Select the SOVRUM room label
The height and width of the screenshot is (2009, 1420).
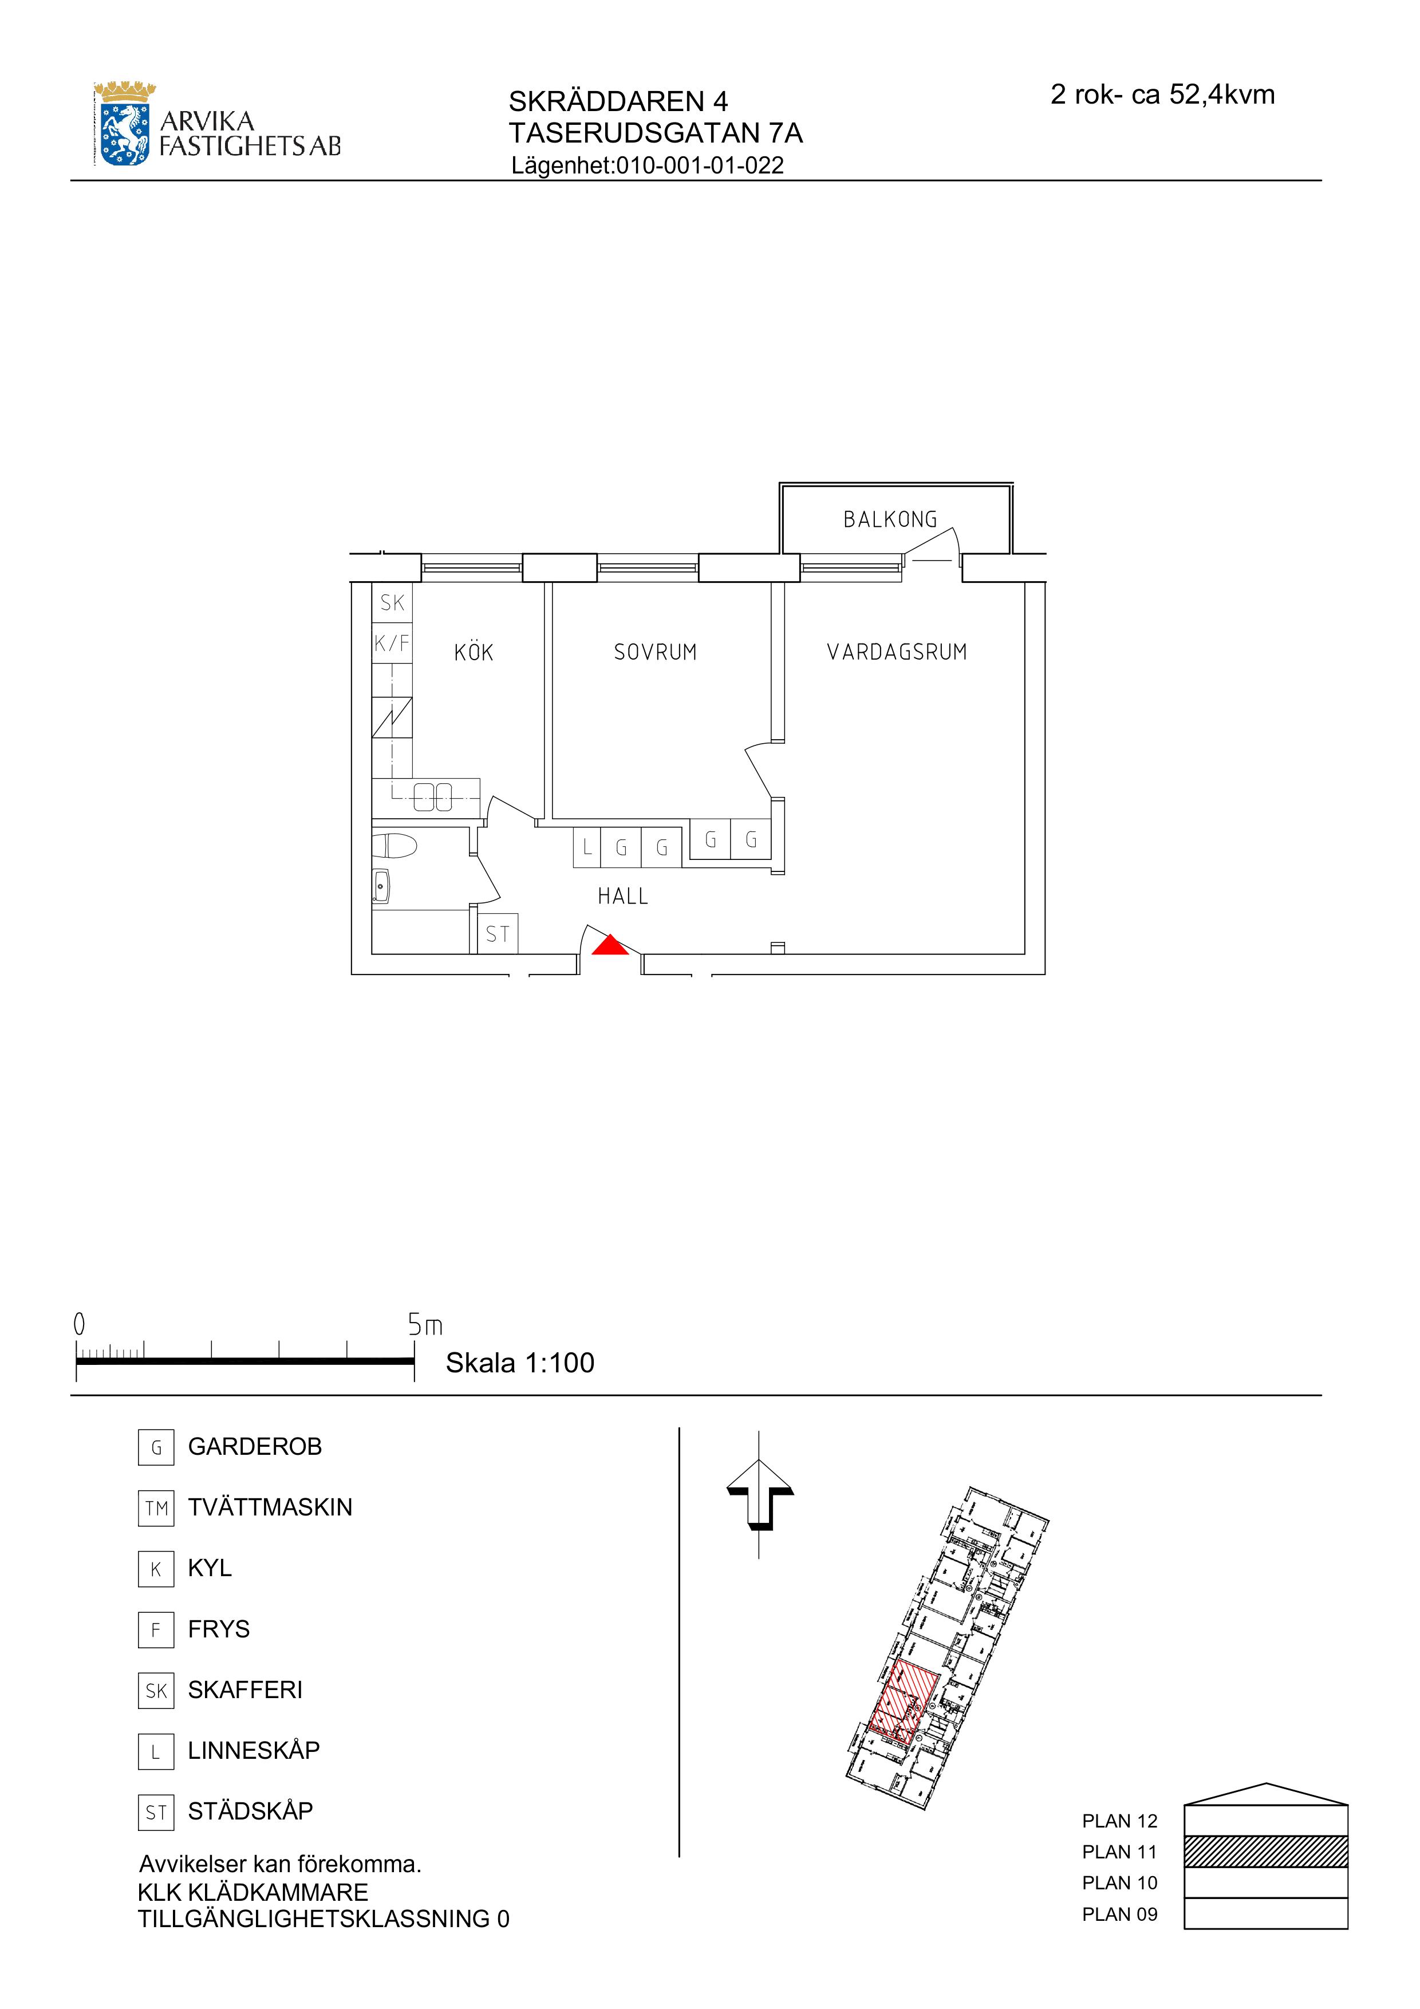pos(655,652)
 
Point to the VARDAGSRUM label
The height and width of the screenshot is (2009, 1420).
pos(897,652)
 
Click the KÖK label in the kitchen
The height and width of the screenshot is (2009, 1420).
pos(474,652)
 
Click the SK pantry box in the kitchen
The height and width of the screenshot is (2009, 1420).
pos(392,603)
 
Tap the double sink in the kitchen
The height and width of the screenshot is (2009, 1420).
pos(432,797)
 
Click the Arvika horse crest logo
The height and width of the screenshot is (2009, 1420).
pos(123,125)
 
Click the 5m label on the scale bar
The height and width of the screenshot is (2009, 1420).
pos(425,1325)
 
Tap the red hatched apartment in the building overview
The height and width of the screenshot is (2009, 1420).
pos(904,1703)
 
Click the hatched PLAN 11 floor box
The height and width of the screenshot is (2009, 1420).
pos(1265,1852)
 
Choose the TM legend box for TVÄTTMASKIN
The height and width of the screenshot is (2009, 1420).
pos(156,1507)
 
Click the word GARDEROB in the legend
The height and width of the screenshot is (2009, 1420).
pos(255,1446)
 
